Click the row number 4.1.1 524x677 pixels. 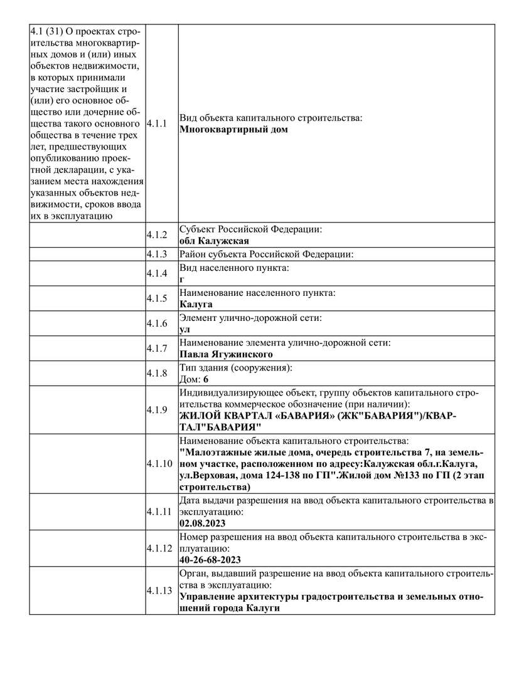[x=157, y=123]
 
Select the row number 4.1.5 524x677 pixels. [x=157, y=298]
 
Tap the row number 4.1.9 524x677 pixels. [x=157, y=409]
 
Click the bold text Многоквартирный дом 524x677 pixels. [x=233, y=130]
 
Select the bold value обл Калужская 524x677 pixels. [x=214, y=241]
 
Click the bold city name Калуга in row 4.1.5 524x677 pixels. [x=196, y=304]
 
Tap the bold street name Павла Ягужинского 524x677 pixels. [x=226, y=354]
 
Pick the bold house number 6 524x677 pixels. [x=206, y=379]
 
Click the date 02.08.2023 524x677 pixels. [x=202, y=523]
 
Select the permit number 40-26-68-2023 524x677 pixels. [x=210, y=560]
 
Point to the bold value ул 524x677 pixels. [x=184, y=329]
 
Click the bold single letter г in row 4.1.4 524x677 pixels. [x=182, y=280]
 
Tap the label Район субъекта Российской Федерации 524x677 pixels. [x=267, y=254]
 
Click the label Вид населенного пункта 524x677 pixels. [x=235, y=268]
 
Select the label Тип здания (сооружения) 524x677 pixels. [x=237, y=368]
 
